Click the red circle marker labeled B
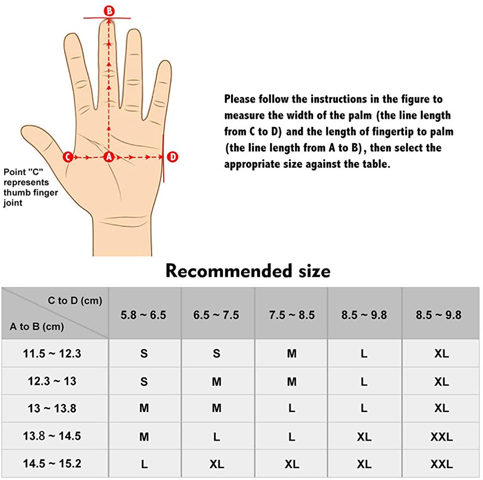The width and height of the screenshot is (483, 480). pyautogui.click(x=109, y=11)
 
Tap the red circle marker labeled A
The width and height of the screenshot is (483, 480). pyautogui.click(x=109, y=157)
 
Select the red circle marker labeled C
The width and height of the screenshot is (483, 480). pyautogui.click(x=68, y=157)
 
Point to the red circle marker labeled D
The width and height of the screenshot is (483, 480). pyautogui.click(x=173, y=157)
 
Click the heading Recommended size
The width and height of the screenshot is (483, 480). pyautogui.click(x=248, y=271)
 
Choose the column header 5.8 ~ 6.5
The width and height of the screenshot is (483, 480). pyautogui.click(x=143, y=315)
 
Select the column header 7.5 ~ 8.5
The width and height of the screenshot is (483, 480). pyautogui.click(x=291, y=315)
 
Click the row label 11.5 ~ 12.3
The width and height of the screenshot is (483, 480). pyautogui.click(x=52, y=353)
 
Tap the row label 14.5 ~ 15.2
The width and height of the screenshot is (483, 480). pyautogui.click(x=52, y=463)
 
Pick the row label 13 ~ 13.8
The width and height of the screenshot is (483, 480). pyautogui.click(x=52, y=409)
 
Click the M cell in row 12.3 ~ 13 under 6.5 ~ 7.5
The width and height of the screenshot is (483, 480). pyautogui.click(x=217, y=382)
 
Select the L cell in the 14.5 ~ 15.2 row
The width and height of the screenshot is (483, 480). pyautogui.click(x=144, y=464)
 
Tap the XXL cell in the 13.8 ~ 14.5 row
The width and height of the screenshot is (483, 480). pyautogui.click(x=441, y=437)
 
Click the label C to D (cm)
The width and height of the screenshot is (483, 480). pyautogui.click(x=75, y=301)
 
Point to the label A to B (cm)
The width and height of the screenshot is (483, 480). pyautogui.click(x=37, y=326)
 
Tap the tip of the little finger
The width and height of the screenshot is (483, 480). pyautogui.click(x=166, y=62)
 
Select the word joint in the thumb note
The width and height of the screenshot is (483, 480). pyautogui.click(x=13, y=203)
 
